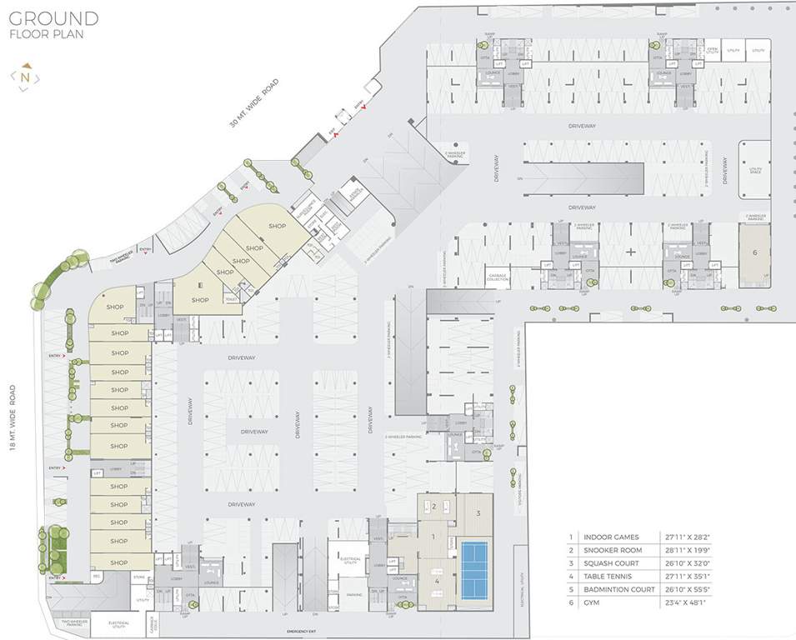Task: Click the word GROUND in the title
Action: [x=55, y=18]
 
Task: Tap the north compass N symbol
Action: [x=26, y=77]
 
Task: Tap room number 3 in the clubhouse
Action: [x=478, y=513]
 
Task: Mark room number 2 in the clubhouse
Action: [x=433, y=507]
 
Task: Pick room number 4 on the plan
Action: [x=436, y=580]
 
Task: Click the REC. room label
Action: [x=97, y=576]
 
